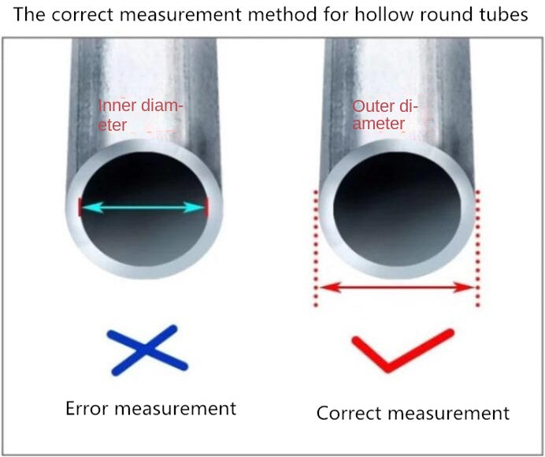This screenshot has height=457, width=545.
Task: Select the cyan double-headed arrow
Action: (143, 207)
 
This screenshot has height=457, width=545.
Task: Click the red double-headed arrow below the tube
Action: (395, 288)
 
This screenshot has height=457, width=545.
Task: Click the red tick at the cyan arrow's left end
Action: (80, 207)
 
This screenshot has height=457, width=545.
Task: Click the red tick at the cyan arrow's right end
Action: (206, 207)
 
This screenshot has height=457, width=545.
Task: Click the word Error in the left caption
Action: (86, 408)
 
